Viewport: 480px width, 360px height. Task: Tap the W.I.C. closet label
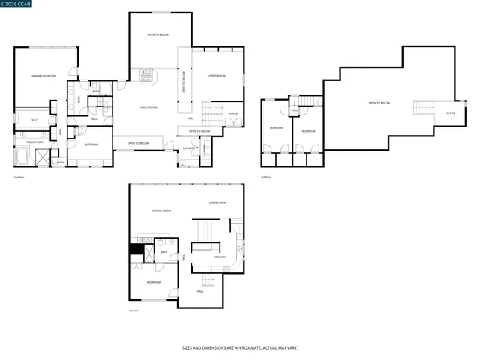34,120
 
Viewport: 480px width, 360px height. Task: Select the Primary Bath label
35,142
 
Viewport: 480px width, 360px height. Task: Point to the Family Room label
148,107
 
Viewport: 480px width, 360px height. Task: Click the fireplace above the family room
148,74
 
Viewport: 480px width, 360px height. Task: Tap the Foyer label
233,114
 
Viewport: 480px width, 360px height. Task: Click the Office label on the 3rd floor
450,113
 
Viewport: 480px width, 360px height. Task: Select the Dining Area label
217,203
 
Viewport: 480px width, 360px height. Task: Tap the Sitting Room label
163,211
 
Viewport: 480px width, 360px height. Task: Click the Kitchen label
220,257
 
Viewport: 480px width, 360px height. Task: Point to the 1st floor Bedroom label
153,282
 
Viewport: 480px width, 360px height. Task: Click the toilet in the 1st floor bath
163,244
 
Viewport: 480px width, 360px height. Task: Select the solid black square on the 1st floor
136,250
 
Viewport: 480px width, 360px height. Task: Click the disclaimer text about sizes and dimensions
239,348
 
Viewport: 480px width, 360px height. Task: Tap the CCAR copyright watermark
17,4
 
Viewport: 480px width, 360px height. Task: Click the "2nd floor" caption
19,177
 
